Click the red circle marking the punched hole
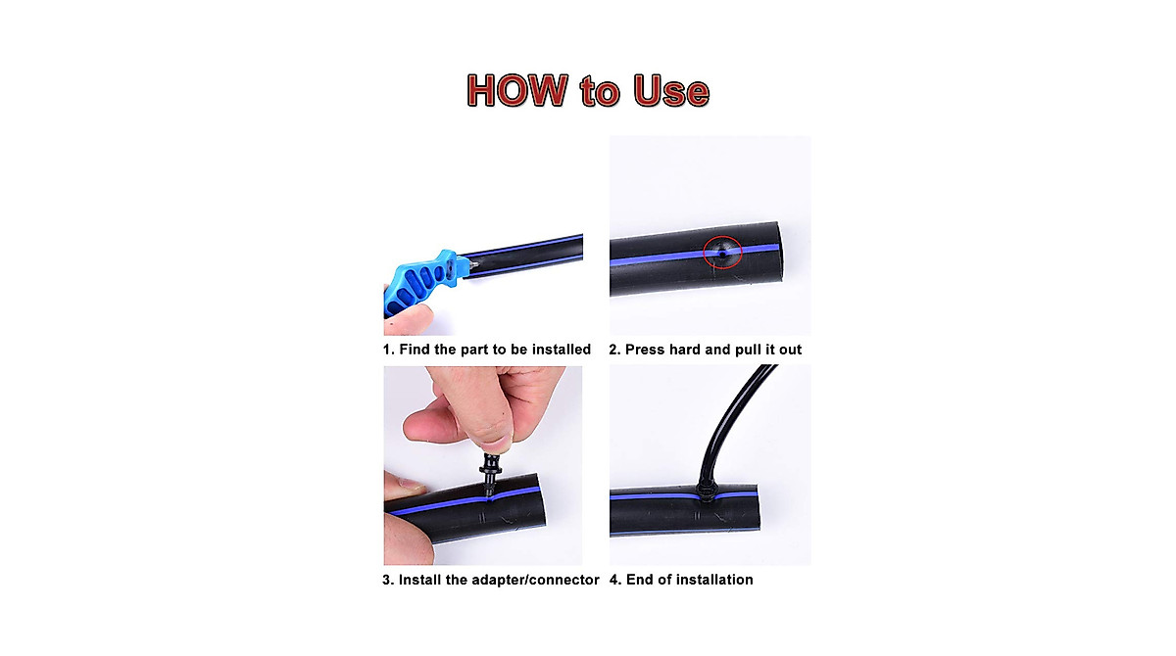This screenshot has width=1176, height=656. tap(722, 253)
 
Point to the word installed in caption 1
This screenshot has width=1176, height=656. tap(559, 350)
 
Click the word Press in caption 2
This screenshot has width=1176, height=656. tap(646, 350)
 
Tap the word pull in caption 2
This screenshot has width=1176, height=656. tap(751, 350)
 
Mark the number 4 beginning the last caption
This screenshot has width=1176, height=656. tap(614, 580)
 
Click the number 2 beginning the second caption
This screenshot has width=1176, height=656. tap(614, 350)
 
